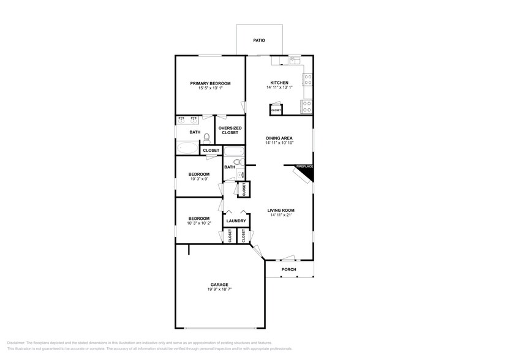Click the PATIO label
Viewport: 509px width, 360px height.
point(259,41)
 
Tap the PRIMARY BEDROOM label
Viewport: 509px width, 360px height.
point(210,83)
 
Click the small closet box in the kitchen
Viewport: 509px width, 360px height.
point(276,110)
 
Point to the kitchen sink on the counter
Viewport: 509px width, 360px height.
point(295,60)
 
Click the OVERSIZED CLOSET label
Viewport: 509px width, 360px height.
point(230,130)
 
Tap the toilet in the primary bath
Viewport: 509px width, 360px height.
point(207,138)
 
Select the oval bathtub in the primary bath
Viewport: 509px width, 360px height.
point(187,148)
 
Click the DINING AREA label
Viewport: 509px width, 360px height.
point(279,138)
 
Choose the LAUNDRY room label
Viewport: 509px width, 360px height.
point(236,221)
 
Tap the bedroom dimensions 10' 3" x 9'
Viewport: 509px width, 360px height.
point(198,179)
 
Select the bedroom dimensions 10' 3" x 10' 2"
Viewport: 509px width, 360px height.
point(198,223)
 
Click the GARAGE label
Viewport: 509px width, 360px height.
point(219,285)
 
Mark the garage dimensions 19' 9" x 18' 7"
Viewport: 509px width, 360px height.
point(219,290)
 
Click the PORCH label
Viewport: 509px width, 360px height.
point(288,270)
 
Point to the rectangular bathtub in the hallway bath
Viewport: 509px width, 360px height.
point(233,151)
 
